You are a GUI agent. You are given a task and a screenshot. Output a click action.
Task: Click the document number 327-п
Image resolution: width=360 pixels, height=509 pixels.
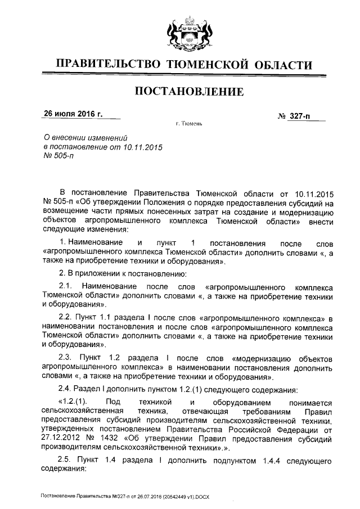(301, 116)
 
